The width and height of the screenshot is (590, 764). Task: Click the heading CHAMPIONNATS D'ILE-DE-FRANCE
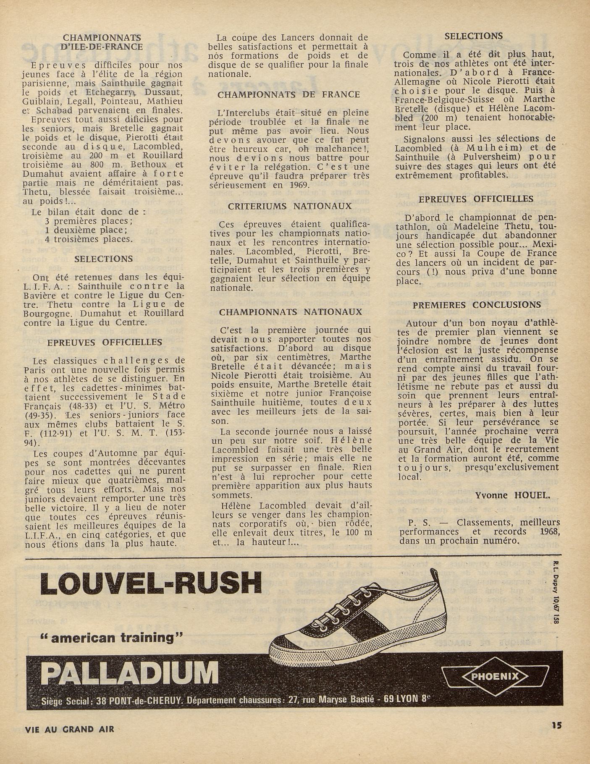[x=102, y=42]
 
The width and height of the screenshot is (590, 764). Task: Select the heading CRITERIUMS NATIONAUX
[x=290, y=207]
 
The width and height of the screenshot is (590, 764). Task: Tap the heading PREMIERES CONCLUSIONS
[x=477, y=305]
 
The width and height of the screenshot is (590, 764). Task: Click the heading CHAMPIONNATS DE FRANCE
[x=288, y=95]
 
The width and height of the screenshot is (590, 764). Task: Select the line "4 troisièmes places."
[x=89, y=239]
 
